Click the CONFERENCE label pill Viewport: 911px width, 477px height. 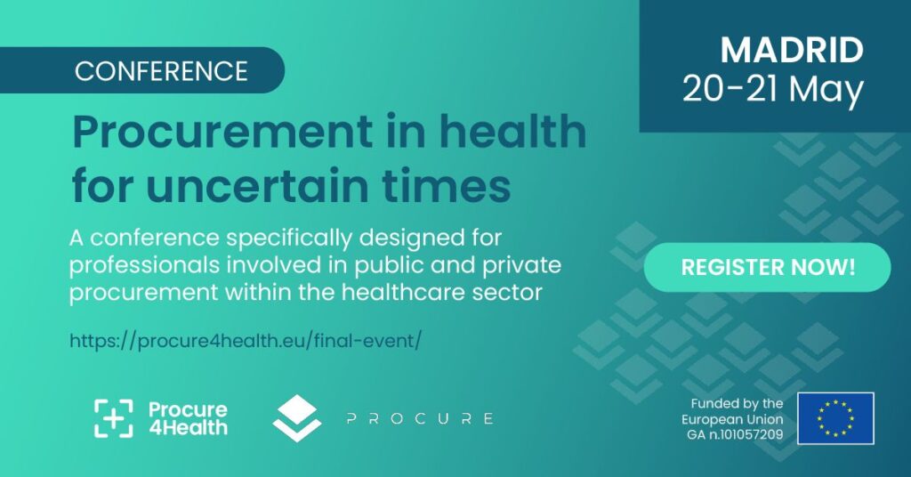[141, 70]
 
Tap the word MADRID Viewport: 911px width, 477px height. [791, 50]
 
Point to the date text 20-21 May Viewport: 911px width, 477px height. [773, 90]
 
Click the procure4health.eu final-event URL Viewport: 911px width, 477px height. [245, 341]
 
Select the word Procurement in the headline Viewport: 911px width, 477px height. [222, 132]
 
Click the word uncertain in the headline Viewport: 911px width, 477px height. [258, 186]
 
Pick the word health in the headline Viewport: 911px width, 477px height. [512, 131]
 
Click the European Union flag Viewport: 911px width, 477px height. [835, 418]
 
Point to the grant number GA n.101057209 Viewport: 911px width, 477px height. [735, 434]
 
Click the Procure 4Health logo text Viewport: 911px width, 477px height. [188, 418]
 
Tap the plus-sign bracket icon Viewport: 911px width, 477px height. [114, 418]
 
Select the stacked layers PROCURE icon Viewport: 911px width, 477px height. [297, 418]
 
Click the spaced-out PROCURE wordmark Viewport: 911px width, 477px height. [420, 418]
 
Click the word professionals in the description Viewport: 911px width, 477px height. [145, 265]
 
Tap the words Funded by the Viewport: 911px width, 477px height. [737, 403]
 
